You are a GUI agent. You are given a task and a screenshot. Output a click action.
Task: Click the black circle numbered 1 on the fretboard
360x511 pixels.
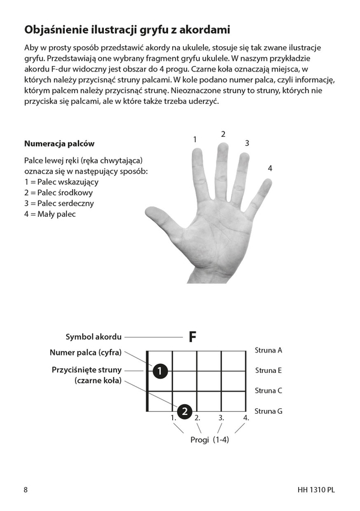(x=159, y=372)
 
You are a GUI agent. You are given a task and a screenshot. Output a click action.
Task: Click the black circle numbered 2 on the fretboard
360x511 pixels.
(x=185, y=411)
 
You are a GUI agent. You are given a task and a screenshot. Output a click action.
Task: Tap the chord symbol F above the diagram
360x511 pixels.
(x=192, y=337)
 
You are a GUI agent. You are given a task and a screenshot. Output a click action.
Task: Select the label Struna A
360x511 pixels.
(x=268, y=350)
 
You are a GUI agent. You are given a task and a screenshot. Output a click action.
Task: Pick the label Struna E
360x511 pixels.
(x=268, y=370)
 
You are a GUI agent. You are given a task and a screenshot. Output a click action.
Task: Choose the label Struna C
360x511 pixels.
(x=268, y=391)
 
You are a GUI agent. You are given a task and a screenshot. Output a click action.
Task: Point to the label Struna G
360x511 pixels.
(x=268, y=411)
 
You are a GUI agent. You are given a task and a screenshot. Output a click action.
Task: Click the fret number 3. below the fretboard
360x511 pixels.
(x=221, y=417)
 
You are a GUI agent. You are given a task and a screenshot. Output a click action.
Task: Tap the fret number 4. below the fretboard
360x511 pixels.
(x=246, y=417)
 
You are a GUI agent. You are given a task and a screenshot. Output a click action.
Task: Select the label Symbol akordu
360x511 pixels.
(x=93, y=337)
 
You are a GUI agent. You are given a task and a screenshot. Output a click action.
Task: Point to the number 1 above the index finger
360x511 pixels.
(x=195, y=139)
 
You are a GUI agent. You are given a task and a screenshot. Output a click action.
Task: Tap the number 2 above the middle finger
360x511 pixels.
(x=223, y=134)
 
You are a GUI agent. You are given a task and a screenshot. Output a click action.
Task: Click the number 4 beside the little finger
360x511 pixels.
(x=270, y=169)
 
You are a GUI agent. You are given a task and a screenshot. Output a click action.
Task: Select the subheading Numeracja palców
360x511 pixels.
(x=59, y=144)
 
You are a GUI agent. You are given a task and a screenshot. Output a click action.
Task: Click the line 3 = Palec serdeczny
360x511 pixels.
(x=59, y=203)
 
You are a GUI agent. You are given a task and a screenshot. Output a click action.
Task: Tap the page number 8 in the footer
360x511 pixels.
(x=26, y=489)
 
